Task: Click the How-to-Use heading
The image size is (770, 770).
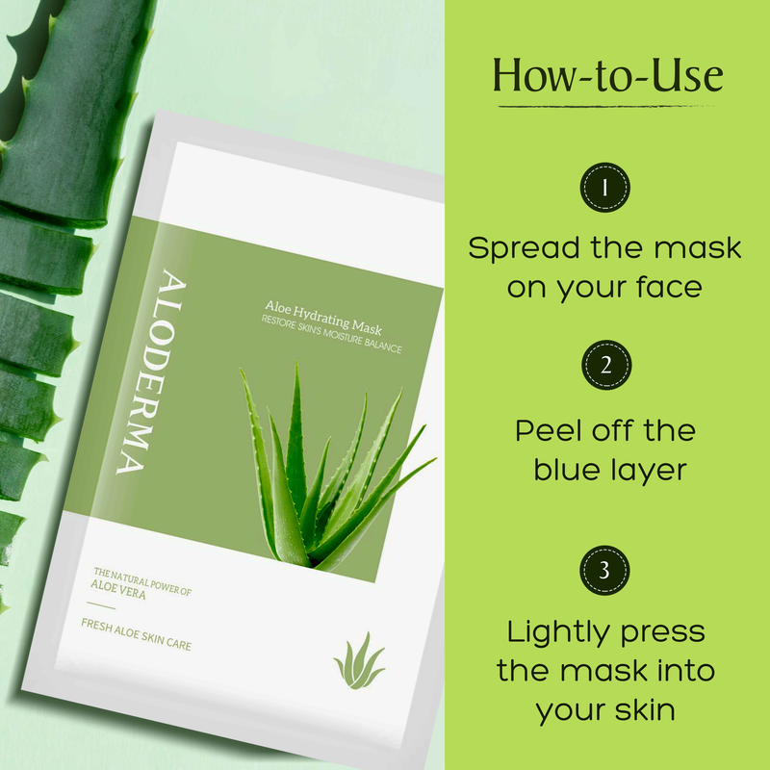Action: pyautogui.click(x=608, y=76)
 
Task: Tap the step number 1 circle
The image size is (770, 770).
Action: pyautogui.click(x=605, y=188)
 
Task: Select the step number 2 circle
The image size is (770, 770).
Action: pyautogui.click(x=606, y=365)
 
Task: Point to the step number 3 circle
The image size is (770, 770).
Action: pyautogui.click(x=604, y=570)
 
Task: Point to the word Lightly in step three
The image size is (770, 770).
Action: pyautogui.click(x=557, y=633)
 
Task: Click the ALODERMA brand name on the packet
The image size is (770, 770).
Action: pyautogui.click(x=151, y=372)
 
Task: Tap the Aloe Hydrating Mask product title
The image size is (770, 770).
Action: pyautogui.click(x=323, y=318)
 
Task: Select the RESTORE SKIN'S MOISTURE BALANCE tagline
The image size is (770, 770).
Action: pyautogui.click(x=331, y=334)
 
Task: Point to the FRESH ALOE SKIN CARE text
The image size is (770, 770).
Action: pyautogui.click(x=136, y=634)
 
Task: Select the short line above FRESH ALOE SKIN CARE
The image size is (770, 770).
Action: pyautogui.click(x=101, y=605)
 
